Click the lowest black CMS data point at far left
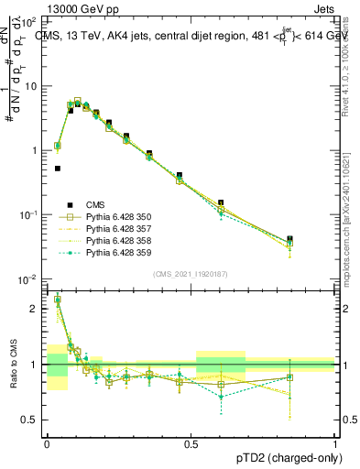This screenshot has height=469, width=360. [58, 169]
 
